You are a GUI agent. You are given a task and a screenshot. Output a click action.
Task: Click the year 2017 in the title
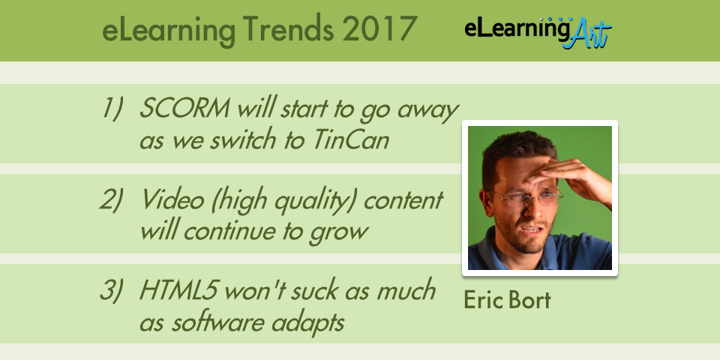tap(379, 29)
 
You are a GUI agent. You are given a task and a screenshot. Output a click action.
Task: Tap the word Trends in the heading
tap(288, 29)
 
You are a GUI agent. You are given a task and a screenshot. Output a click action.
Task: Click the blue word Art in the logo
tap(587, 34)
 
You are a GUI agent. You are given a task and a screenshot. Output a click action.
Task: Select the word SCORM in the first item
tap(184, 109)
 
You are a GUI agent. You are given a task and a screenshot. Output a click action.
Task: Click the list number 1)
tap(112, 110)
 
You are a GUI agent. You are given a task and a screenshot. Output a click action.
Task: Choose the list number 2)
tap(111, 201)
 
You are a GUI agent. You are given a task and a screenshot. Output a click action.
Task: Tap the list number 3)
tap(111, 291)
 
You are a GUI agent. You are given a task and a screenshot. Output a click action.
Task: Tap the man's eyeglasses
tap(528, 197)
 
